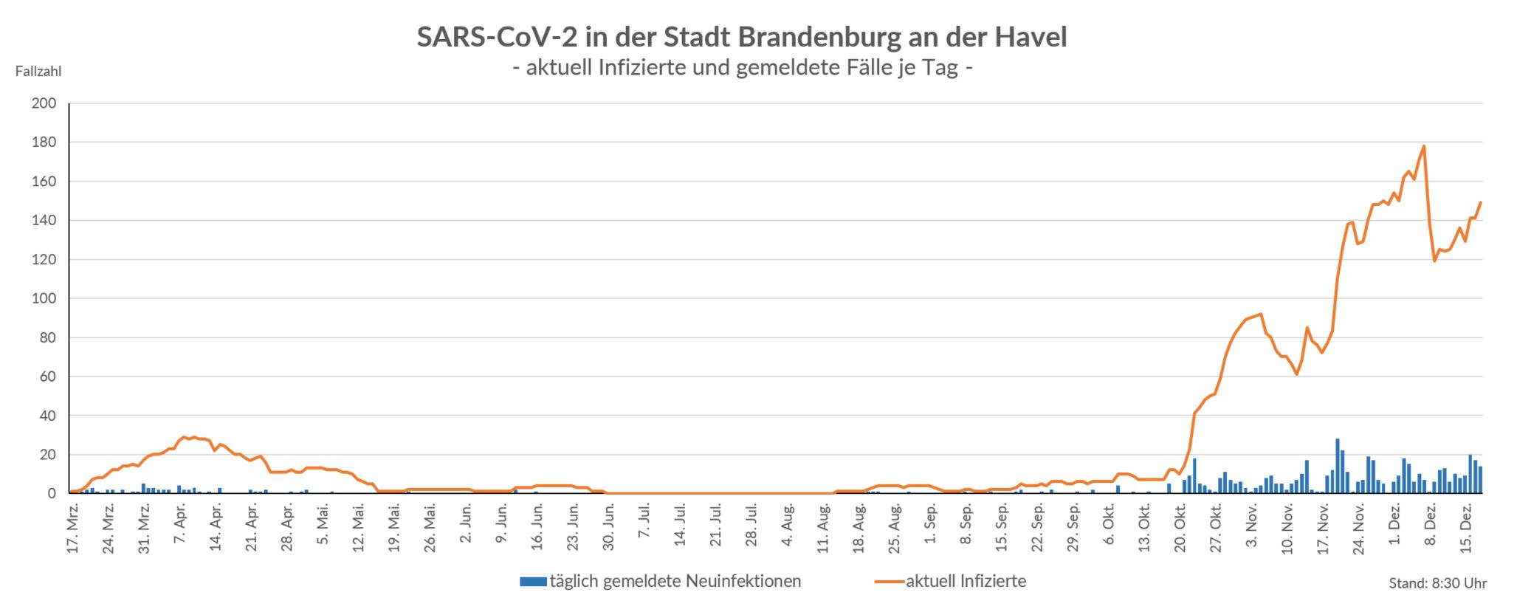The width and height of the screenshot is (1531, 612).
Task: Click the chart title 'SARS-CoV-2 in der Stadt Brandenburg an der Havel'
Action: click(x=741, y=37)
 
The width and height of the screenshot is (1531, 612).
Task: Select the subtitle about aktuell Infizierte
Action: click(x=741, y=68)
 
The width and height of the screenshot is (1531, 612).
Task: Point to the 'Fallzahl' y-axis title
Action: click(x=38, y=72)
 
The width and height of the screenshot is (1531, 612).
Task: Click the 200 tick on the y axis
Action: click(x=44, y=103)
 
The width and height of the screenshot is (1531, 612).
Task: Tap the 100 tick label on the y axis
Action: click(x=44, y=299)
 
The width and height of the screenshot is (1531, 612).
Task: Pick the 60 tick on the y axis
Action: click(x=47, y=377)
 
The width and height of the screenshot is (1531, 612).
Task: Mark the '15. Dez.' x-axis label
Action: click(x=1468, y=529)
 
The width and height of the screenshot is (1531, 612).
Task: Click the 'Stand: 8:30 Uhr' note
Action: click(x=1437, y=584)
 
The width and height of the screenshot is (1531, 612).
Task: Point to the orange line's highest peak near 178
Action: click(x=1423, y=146)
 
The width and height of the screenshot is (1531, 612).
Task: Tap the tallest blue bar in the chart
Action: click(x=1337, y=466)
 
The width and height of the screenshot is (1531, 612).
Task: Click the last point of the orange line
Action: click(x=1480, y=202)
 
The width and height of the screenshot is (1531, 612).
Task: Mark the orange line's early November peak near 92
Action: click(x=1261, y=314)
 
